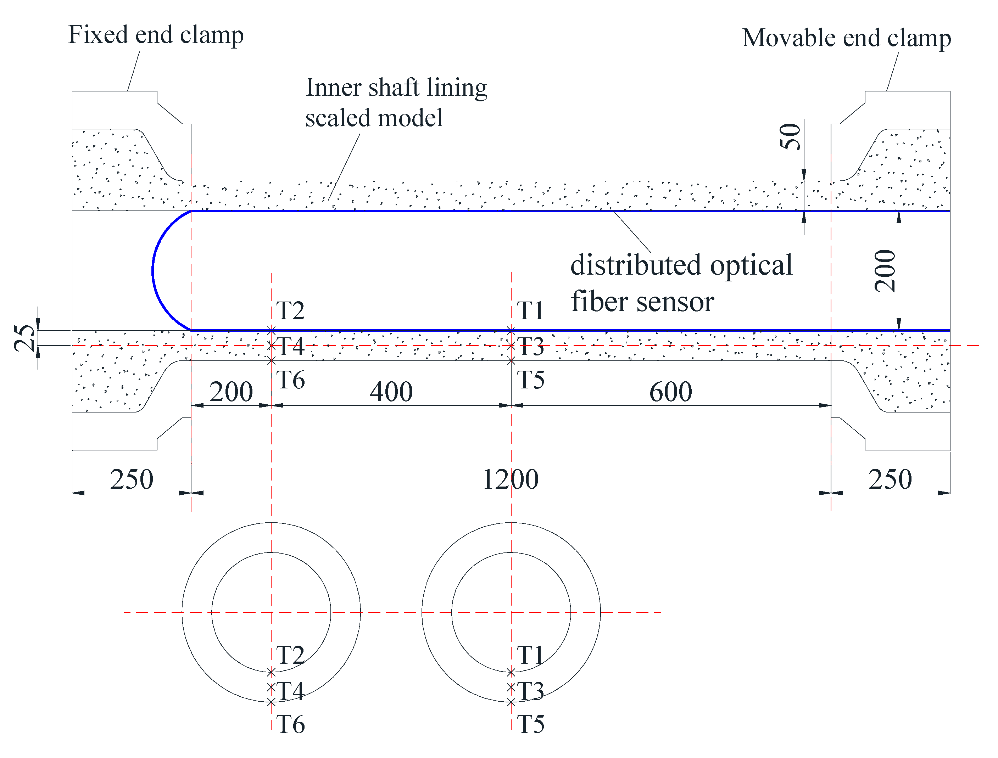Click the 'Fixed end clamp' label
(x=156, y=35)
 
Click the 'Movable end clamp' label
(x=846, y=38)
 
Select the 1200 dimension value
(x=510, y=479)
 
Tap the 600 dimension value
(x=670, y=392)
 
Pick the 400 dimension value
(x=391, y=392)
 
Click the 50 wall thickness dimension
(x=790, y=136)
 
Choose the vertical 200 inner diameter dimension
(x=885, y=271)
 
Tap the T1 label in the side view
(x=530, y=310)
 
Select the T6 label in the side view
(x=290, y=380)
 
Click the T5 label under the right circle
(x=530, y=724)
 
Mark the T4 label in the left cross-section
(x=290, y=691)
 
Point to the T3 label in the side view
(x=530, y=347)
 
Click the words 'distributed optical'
(x=681, y=265)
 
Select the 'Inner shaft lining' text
(x=396, y=88)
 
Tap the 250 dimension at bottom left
(x=131, y=479)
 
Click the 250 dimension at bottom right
(x=890, y=479)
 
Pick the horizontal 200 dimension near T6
(x=231, y=392)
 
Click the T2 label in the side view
(x=290, y=310)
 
